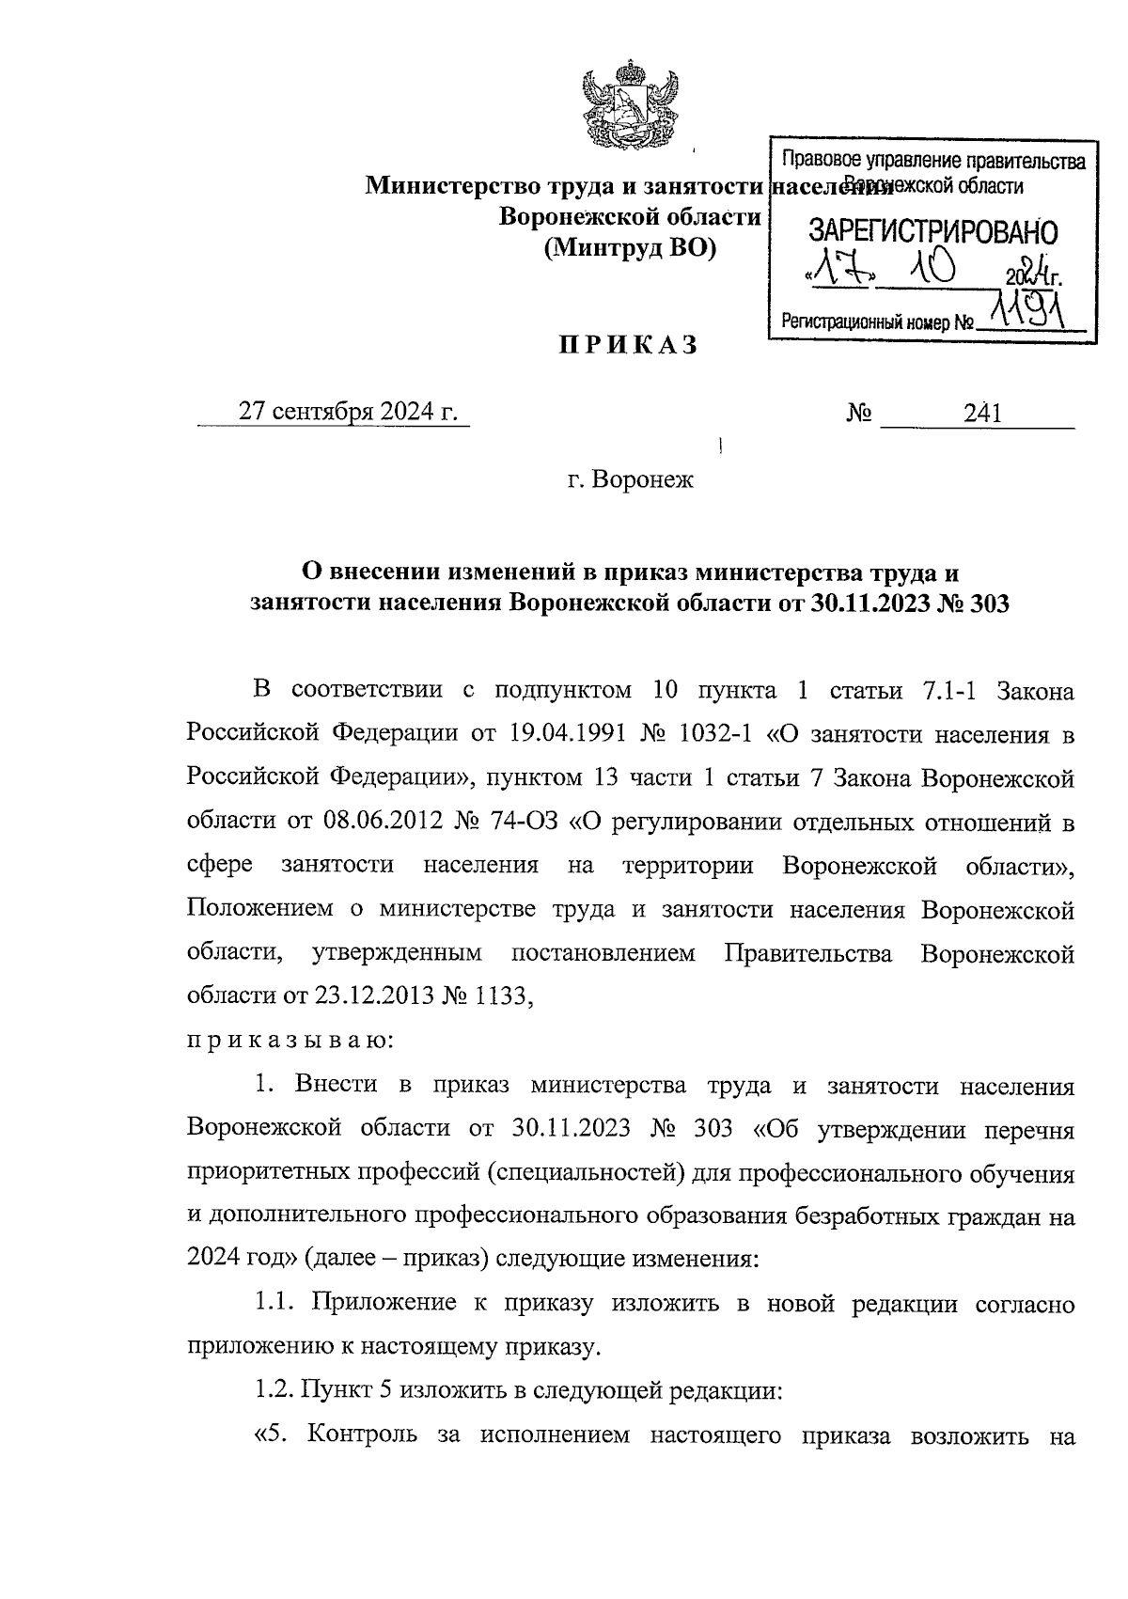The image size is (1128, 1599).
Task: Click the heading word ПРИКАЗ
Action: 629,345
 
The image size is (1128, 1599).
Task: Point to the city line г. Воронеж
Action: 629,480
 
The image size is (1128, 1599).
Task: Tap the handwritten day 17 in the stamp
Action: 843,272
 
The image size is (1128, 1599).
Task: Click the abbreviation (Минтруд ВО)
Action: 630,248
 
